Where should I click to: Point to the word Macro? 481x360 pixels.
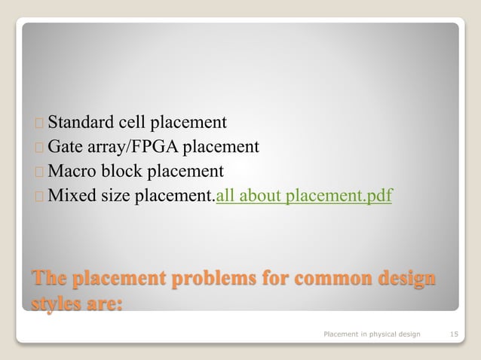pos(71,171)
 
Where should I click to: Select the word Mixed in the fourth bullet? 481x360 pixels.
pos(69,196)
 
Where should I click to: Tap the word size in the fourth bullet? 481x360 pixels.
pos(112,196)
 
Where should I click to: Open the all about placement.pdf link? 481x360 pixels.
pos(304,197)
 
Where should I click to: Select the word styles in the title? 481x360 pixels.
pos(56,304)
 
